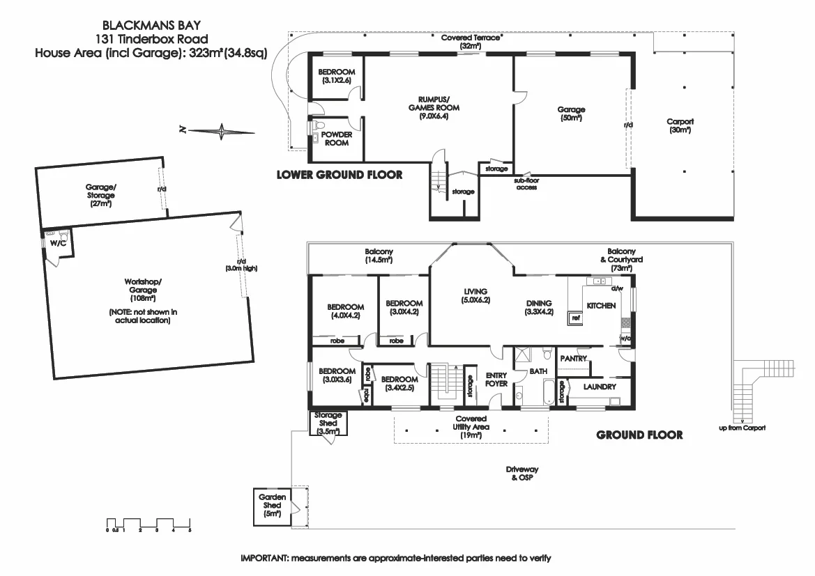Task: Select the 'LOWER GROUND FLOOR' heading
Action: click(x=340, y=175)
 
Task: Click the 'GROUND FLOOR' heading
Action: click(x=639, y=435)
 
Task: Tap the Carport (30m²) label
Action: click(x=680, y=125)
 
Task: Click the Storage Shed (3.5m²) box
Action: click(x=328, y=423)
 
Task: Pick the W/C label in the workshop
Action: click(x=57, y=244)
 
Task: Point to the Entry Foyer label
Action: click(x=496, y=380)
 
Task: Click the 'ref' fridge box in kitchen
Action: click(x=576, y=318)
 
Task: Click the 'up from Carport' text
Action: click(x=742, y=428)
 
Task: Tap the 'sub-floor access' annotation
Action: click(x=526, y=184)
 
